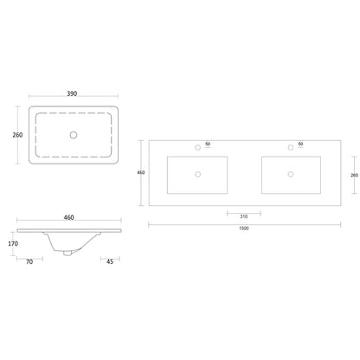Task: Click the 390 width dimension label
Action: click(72, 93)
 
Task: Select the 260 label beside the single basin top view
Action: click(17, 135)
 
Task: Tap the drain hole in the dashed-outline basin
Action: click(74, 135)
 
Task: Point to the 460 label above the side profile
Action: click(69, 217)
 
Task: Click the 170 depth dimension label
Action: click(13, 244)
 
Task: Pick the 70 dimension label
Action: click(29, 262)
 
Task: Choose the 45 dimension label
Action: click(110, 261)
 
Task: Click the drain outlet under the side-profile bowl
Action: click(67, 253)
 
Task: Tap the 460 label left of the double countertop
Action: click(141, 172)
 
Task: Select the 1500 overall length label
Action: click(244, 228)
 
